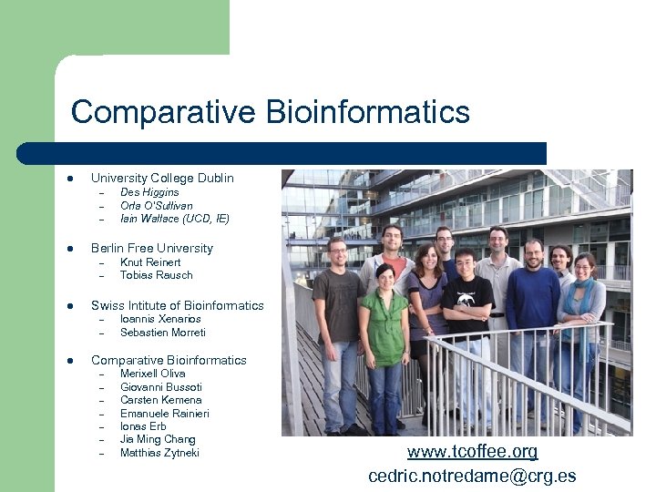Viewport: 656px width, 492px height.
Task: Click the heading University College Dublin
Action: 162,178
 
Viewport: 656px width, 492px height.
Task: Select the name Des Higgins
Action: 149,192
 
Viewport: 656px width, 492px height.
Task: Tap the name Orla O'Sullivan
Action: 157,206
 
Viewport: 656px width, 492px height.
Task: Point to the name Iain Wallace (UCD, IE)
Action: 175,219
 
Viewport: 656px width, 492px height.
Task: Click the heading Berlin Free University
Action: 151,248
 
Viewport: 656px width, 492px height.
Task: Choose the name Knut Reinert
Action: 150,262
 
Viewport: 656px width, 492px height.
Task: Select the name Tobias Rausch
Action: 157,275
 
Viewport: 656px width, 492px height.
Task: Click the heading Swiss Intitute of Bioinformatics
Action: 177,305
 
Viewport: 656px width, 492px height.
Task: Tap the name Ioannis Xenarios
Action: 160,319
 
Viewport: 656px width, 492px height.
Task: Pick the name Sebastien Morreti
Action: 163,333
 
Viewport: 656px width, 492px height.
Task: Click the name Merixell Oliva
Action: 153,374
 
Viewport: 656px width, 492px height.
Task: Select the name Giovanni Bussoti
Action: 161,387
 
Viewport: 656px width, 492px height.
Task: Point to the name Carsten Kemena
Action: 161,400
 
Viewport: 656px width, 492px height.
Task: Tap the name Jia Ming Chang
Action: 158,439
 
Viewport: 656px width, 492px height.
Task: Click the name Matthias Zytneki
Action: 159,453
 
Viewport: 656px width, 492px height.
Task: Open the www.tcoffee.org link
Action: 472,452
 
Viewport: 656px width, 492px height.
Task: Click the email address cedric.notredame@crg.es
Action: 472,476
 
